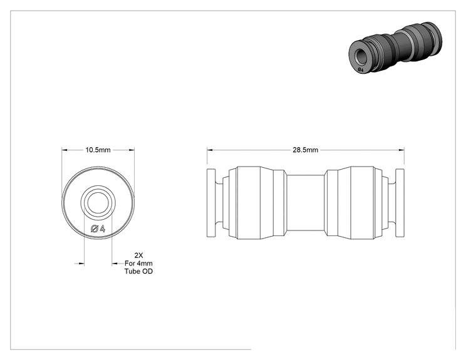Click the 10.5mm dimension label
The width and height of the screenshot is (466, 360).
(98, 150)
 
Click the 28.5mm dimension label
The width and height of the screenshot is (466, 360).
(305, 150)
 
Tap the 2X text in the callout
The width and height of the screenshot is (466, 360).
(138, 255)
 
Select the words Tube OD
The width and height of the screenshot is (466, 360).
(138, 271)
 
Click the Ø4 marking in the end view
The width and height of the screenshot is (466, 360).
(98, 229)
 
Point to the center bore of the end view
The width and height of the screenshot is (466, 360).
(98, 203)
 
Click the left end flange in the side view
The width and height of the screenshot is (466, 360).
(211, 203)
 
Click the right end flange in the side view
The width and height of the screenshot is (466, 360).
(400, 203)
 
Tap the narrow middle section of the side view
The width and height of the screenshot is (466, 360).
(305, 203)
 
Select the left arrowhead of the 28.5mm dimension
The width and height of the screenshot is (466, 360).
(210, 150)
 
